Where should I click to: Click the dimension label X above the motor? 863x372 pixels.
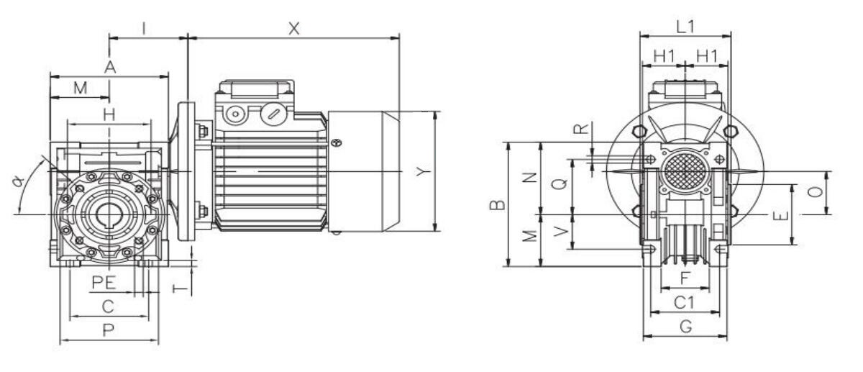tap(294, 29)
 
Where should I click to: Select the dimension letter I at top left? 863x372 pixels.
tap(144, 29)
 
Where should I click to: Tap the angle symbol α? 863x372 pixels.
tap(18, 181)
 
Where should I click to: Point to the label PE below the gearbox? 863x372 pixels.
tap(104, 283)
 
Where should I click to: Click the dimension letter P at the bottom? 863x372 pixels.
tap(109, 330)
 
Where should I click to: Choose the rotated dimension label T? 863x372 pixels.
tap(180, 289)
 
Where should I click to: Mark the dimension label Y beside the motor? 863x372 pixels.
tap(423, 171)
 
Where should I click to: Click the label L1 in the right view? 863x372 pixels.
tap(685, 27)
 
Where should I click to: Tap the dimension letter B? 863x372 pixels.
tap(498, 204)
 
